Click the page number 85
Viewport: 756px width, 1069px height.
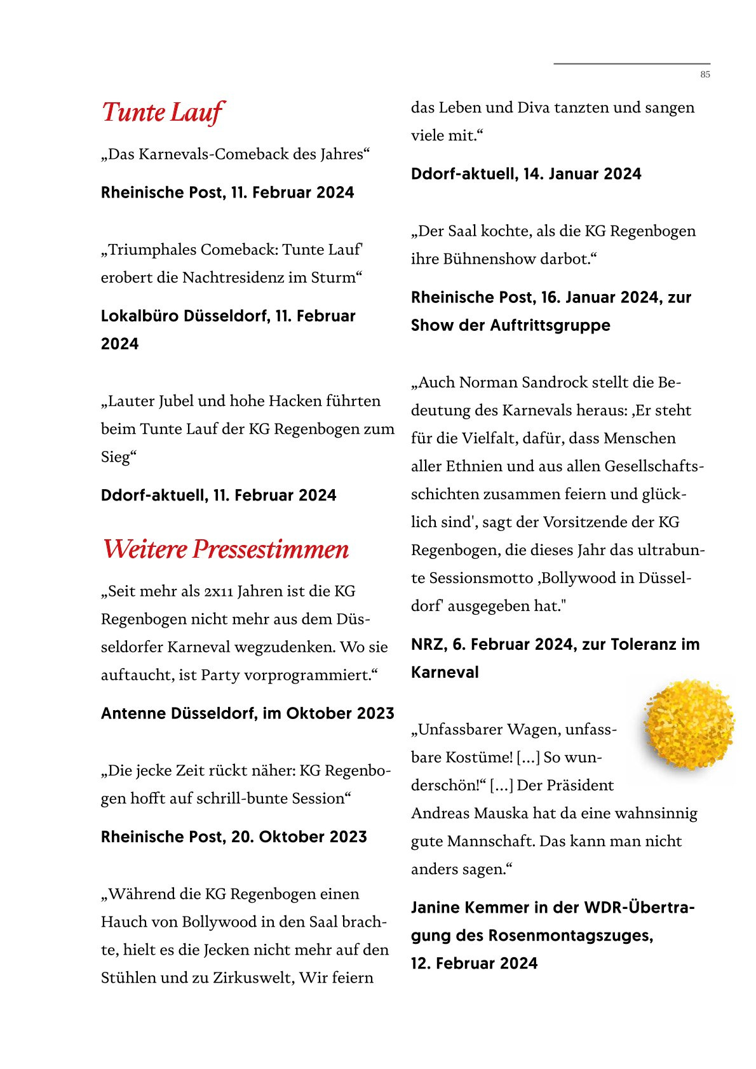[705, 74]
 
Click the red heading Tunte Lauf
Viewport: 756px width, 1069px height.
[163, 112]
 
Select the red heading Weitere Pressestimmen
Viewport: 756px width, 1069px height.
[226, 549]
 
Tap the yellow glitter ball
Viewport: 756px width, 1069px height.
[689, 724]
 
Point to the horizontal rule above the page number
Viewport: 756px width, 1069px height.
[631, 64]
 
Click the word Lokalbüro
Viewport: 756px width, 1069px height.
[140, 316]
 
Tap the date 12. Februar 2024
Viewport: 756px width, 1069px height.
[474, 963]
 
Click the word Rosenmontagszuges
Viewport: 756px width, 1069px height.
[570, 935]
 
